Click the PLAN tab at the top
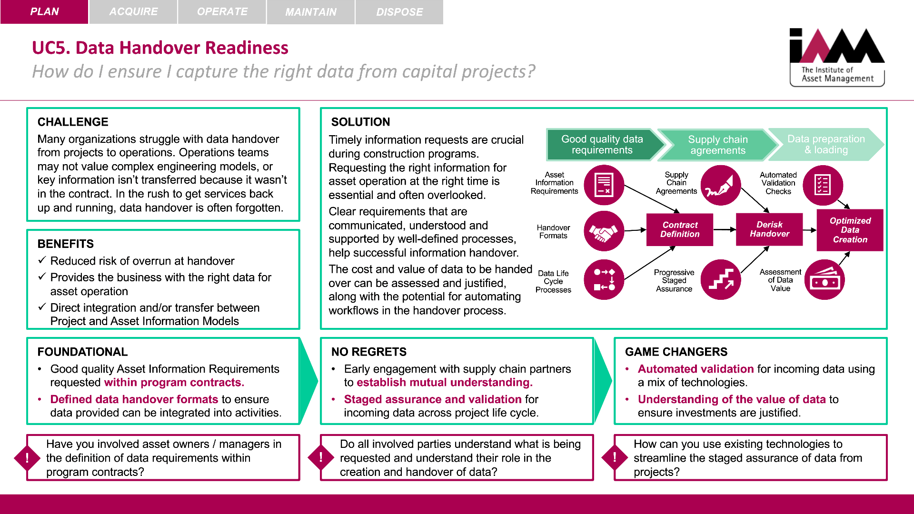click(44, 11)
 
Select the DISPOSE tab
click(399, 11)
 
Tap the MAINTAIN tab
click(311, 11)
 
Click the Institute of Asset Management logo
click(837, 57)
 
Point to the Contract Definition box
click(680, 229)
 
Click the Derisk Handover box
click(769, 229)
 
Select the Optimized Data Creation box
click(850, 230)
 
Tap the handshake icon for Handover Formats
click(604, 231)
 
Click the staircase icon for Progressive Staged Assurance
click(721, 280)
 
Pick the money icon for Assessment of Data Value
click(825, 280)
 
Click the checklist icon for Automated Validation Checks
click(823, 185)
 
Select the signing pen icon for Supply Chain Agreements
click(721, 185)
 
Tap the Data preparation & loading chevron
click(826, 145)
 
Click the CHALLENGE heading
click(73, 122)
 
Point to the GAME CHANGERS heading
click(676, 352)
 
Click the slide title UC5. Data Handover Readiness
click(160, 48)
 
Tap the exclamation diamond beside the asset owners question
click(27, 458)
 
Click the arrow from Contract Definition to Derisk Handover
click(725, 229)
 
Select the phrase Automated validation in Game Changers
click(695, 369)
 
